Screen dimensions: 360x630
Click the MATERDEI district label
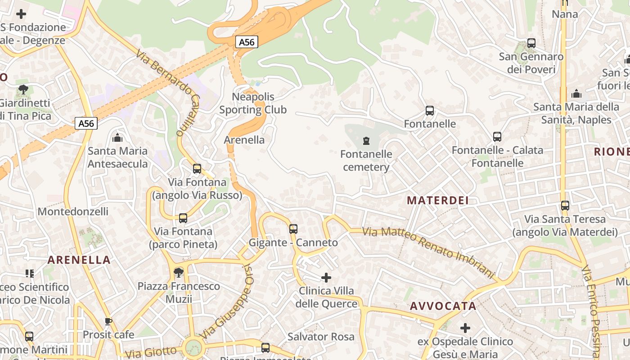[x=438, y=201]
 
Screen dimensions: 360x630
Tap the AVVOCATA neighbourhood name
[x=443, y=306]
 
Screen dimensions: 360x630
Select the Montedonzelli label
[x=73, y=211]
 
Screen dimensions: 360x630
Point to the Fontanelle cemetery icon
[x=366, y=141]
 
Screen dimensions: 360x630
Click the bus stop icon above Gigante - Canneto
[x=293, y=229]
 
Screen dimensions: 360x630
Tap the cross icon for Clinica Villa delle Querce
[x=326, y=278]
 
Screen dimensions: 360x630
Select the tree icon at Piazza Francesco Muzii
[x=179, y=273]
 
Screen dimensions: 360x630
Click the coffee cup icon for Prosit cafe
[x=108, y=321]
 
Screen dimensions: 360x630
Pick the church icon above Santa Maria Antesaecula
[x=117, y=137]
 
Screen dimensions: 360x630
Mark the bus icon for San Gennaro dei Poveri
[x=531, y=43]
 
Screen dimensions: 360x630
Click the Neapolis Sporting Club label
[x=253, y=103]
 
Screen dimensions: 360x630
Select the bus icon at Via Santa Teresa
[x=565, y=206]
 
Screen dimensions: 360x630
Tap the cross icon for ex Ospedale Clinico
[x=465, y=328]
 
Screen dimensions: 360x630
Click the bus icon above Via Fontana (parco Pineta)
[x=183, y=218]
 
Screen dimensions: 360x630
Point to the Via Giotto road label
[x=151, y=352]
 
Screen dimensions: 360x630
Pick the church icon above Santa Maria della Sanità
[x=576, y=94]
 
